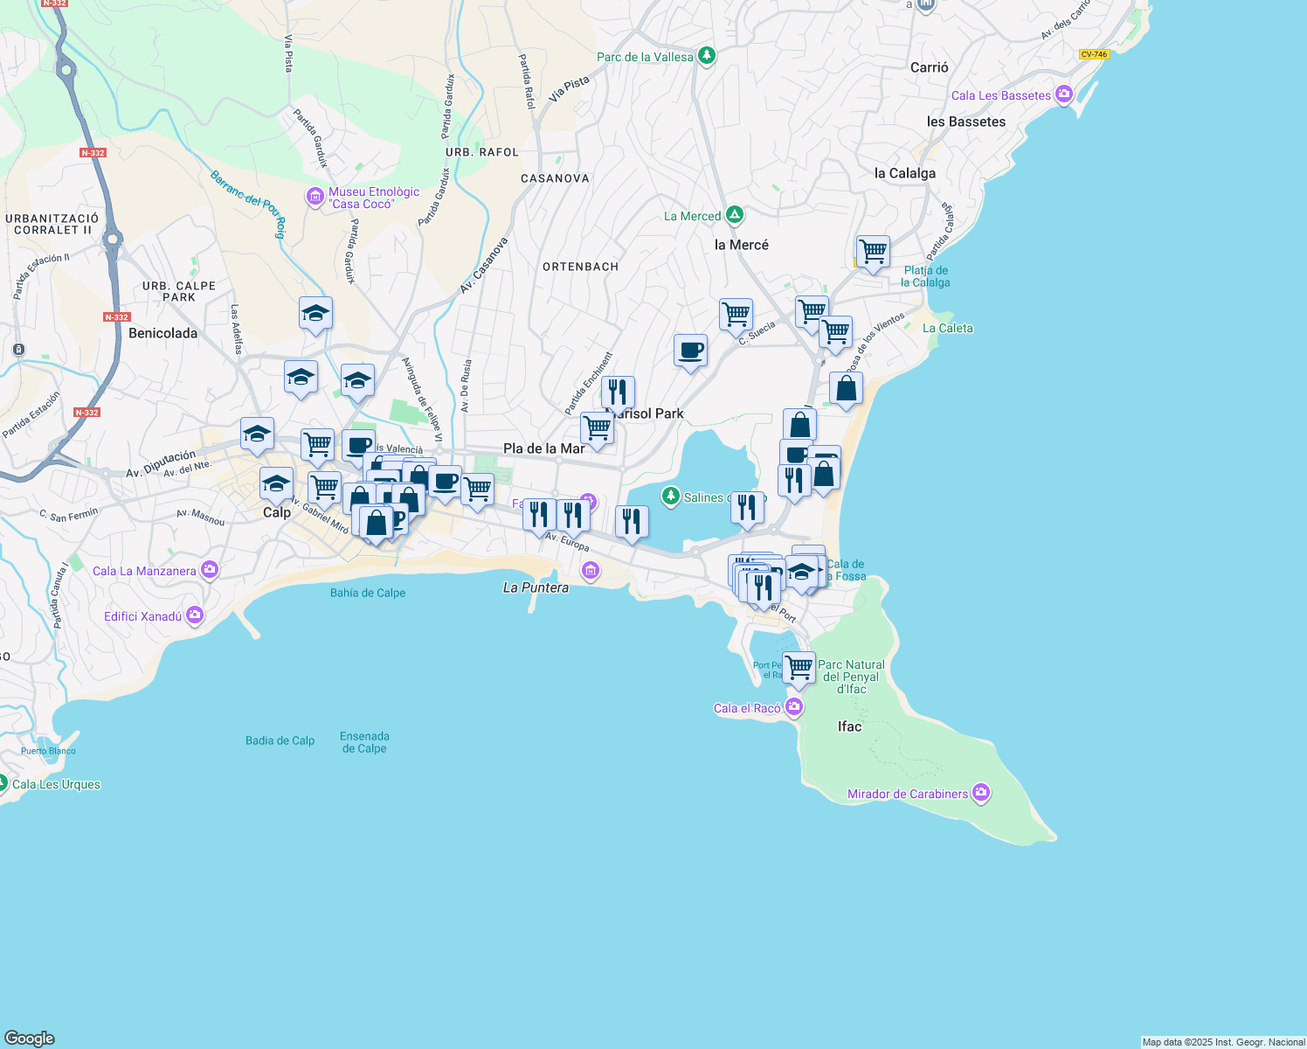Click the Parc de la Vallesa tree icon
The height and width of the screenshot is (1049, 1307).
pyautogui.click(x=707, y=56)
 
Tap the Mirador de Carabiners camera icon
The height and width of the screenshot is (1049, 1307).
pyautogui.click(x=981, y=793)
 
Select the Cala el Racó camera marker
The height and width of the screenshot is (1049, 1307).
pyautogui.click(x=794, y=707)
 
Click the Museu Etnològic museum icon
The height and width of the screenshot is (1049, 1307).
pyautogui.click(x=315, y=198)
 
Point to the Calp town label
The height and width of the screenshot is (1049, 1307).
pyautogui.click(x=277, y=512)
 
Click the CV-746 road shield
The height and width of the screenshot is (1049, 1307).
pyautogui.click(x=1094, y=54)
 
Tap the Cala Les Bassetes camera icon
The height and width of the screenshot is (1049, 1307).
pyautogui.click(x=1063, y=94)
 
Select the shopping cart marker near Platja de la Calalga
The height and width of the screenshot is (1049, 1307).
pyautogui.click(x=873, y=252)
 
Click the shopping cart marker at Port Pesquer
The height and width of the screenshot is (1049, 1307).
pyautogui.click(x=799, y=668)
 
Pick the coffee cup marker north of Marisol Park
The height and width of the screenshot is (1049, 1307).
pyautogui.click(x=690, y=351)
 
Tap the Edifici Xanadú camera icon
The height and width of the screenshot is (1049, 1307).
pyautogui.click(x=194, y=615)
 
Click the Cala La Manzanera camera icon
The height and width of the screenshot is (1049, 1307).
pyautogui.click(x=209, y=570)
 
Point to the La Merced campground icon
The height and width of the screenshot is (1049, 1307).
pyautogui.click(x=735, y=215)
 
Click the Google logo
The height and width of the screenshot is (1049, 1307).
pyautogui.click(x=30, y=1038)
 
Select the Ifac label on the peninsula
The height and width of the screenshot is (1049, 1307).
pyautogui.click(x=849, y=726)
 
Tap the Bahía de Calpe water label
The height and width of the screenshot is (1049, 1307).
pyautogui.click(x=368, y=593)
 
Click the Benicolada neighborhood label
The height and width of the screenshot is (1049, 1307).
pyautogui.click(x=163, y=333)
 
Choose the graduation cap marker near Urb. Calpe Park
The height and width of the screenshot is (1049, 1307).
pyautogui.click(x=315, y=313)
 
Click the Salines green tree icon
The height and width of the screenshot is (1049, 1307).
pyautogui.click(x=670, y=497)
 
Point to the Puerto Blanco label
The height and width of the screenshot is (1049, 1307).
pyautogui.click(x=49, y=751)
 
